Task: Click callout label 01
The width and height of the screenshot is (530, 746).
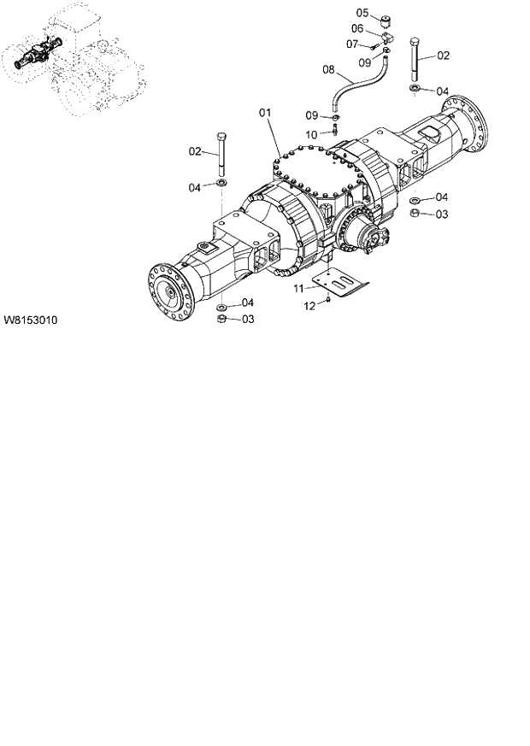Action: (265, 112)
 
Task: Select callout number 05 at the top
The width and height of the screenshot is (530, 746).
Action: (362, 13)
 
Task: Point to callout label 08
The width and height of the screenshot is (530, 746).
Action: (327, 69)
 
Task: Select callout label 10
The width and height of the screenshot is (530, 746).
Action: (312, 134)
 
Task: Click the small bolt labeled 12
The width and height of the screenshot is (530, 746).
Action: (329, 300)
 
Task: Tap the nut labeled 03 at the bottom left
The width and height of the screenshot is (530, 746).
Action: (221, 319)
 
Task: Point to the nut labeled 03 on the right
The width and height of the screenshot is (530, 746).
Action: (414, 213)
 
